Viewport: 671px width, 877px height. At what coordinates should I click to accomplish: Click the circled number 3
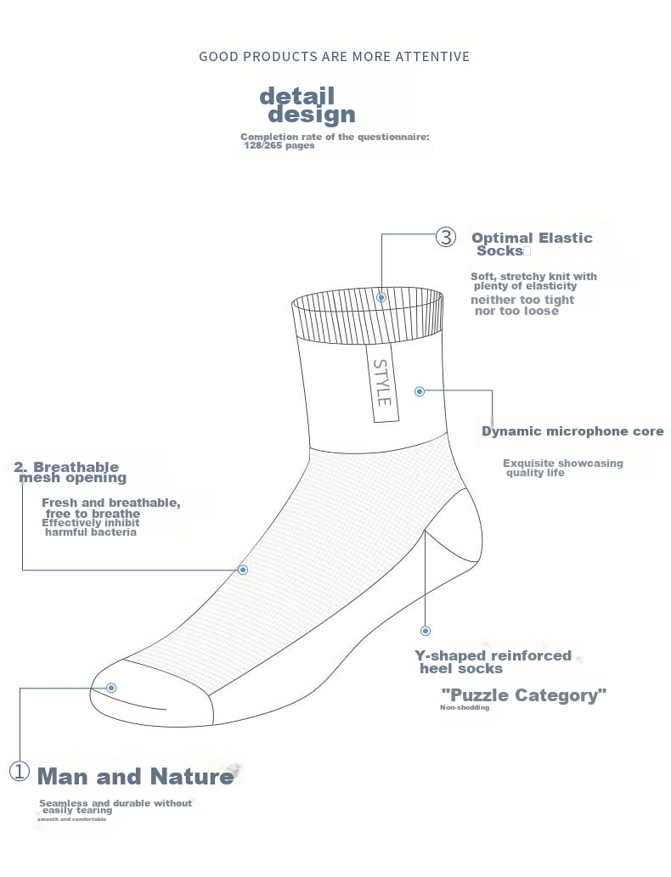click(446, 237)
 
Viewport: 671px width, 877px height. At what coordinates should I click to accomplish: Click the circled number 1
click(20, 772)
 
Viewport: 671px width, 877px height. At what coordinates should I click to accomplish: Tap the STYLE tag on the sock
click(383, 383)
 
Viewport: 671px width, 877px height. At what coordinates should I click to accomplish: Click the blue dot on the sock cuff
click(381, 297)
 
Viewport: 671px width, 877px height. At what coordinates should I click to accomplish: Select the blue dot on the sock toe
click(111, 688)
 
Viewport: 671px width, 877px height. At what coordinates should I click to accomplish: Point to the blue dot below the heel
click(426, 631)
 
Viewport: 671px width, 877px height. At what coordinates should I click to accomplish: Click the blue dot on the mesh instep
click(243, 570)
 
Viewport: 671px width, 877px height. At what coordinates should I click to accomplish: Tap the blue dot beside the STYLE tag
click(420, 391)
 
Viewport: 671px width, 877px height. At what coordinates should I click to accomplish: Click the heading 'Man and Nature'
click(135, 776)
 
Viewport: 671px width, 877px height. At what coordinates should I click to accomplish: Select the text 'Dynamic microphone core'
click(572, 431)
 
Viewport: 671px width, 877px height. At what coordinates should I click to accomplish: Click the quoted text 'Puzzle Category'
click(524, 695)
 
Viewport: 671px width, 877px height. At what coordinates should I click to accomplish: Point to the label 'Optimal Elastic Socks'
click(532, 244)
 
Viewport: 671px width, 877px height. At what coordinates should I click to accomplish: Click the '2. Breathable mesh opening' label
click(70, 472)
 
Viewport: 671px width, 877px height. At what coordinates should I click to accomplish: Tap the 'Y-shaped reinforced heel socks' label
click(493, 661)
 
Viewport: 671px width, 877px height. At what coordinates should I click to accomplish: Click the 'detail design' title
click(306, 105)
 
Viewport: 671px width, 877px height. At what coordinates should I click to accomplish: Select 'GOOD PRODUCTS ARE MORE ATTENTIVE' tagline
click(334, 57)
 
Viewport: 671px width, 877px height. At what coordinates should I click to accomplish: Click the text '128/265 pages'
click(279, 145)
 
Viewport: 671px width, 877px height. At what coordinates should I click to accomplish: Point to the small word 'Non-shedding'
click(465, 708)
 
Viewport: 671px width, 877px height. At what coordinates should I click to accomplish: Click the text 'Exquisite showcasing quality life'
click(562, 468)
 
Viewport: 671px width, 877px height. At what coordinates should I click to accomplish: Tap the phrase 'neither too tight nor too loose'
click(522, 306)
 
